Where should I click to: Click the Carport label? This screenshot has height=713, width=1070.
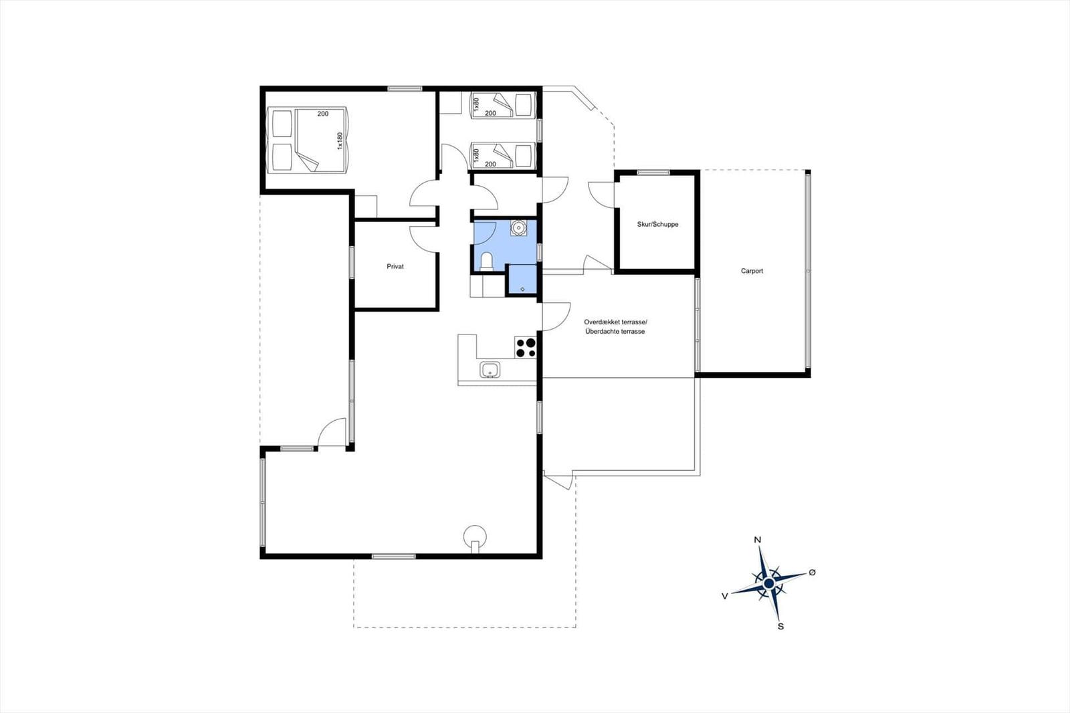point(752,271)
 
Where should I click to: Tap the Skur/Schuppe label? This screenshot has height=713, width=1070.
point(658,224)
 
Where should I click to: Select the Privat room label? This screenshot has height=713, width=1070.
point(395,267)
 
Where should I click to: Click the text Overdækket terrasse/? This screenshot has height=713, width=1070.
point(615,322)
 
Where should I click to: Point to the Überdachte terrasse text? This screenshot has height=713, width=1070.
point(615,331)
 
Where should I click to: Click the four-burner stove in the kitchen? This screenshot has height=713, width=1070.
point(526,347)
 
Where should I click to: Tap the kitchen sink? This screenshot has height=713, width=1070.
point(490,369)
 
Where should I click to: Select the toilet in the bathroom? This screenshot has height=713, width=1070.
point(486,262)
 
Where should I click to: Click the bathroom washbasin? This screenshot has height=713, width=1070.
point(518,227)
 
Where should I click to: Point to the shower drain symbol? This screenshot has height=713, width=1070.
point(522,289)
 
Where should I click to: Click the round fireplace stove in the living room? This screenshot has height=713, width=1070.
point(475,538)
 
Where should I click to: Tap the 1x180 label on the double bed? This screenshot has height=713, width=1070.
point(340,141)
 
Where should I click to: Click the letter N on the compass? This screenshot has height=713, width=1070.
point(757,540)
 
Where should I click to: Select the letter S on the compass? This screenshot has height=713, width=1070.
point(780,627)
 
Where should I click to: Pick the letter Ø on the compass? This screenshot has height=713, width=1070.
point(812,572)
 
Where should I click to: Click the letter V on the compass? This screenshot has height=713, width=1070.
point(725,596)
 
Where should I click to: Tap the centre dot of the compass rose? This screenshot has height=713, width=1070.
point(769,583)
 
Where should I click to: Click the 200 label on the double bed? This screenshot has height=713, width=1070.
point(323,114)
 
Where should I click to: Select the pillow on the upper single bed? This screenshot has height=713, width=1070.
point(524,104)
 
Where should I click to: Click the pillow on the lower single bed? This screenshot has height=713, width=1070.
point(524,155)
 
